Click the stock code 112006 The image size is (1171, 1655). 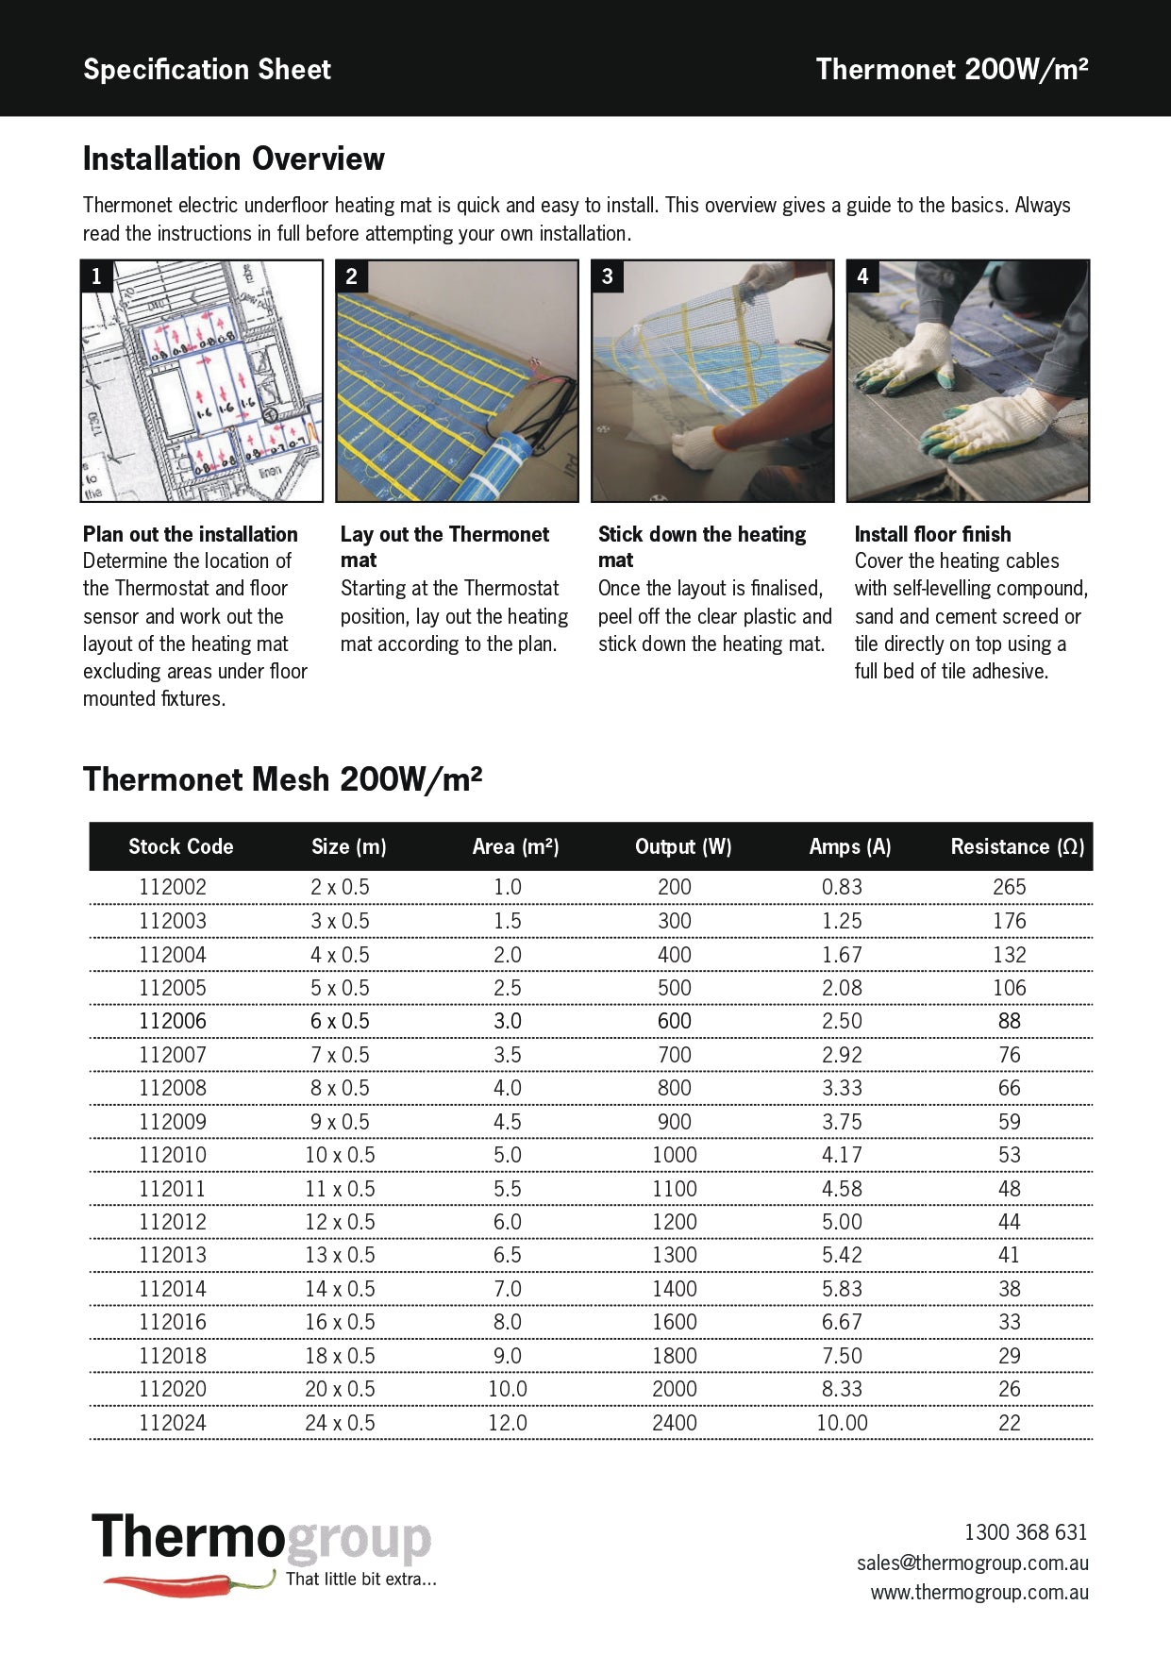[x=173, y=1021]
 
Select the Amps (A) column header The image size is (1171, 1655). [x=849, y=846]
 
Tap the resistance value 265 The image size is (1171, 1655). [x=1009, y=887]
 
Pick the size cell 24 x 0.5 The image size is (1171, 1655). [x=340, y=1423]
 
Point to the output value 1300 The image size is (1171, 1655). [x=674, y=1255]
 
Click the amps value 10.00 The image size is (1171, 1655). [x=842, y=1423]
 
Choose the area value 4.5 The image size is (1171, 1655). [x=507, y=1122]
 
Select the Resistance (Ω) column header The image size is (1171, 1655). [x=1017, y=846]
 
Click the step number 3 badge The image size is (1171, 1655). [x=608, y=276]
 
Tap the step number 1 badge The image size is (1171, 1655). [x=96, y=276]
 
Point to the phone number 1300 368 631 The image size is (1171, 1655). [x=1025, y=1532]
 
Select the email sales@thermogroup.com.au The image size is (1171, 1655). [x=972, y=1563]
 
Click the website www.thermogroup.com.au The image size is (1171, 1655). [x=979, y=1593]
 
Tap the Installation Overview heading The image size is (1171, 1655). [x=234, y=159]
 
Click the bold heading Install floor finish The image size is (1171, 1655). [x=932, y=534]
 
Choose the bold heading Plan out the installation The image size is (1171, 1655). [x=190, y=534]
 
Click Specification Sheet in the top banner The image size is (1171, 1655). [x=207, y=69]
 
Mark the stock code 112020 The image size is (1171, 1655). [x=173, y=1389]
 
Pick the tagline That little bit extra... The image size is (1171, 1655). [x=360, y=1579]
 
